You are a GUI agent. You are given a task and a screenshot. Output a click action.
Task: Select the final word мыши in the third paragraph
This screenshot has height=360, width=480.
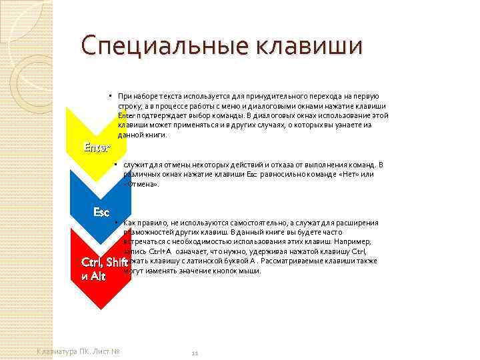pyautogui.click(x=251, y=271)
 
